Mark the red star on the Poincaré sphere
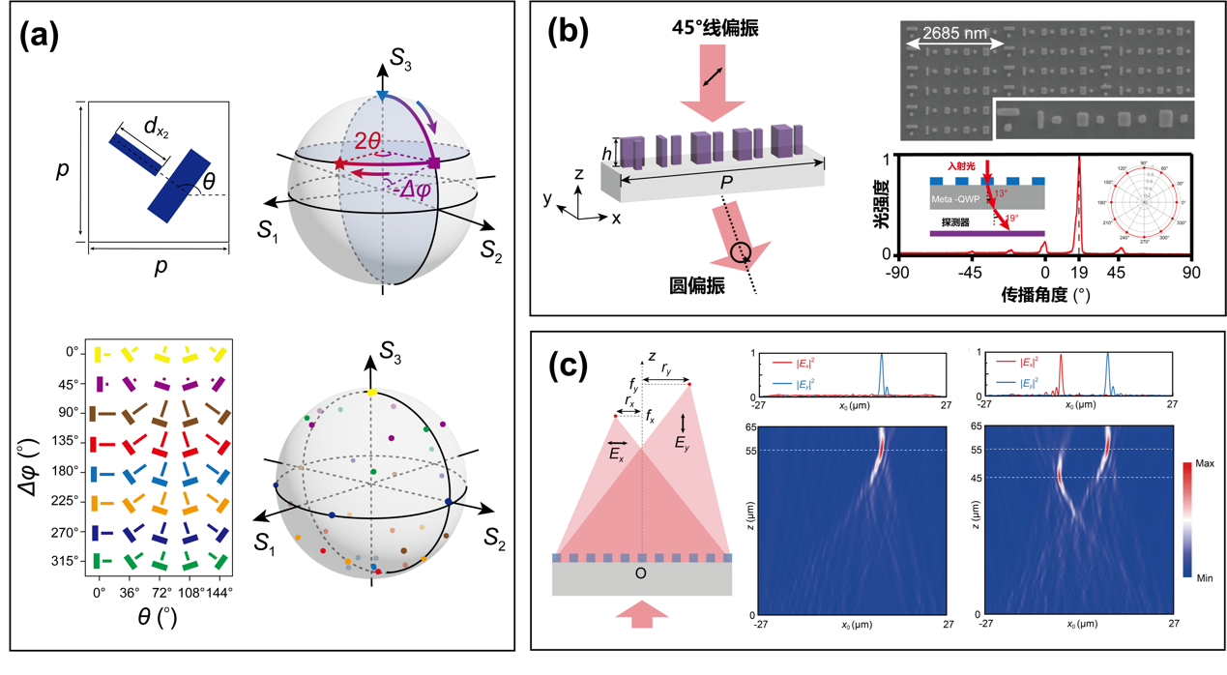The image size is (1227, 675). [339, 165]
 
